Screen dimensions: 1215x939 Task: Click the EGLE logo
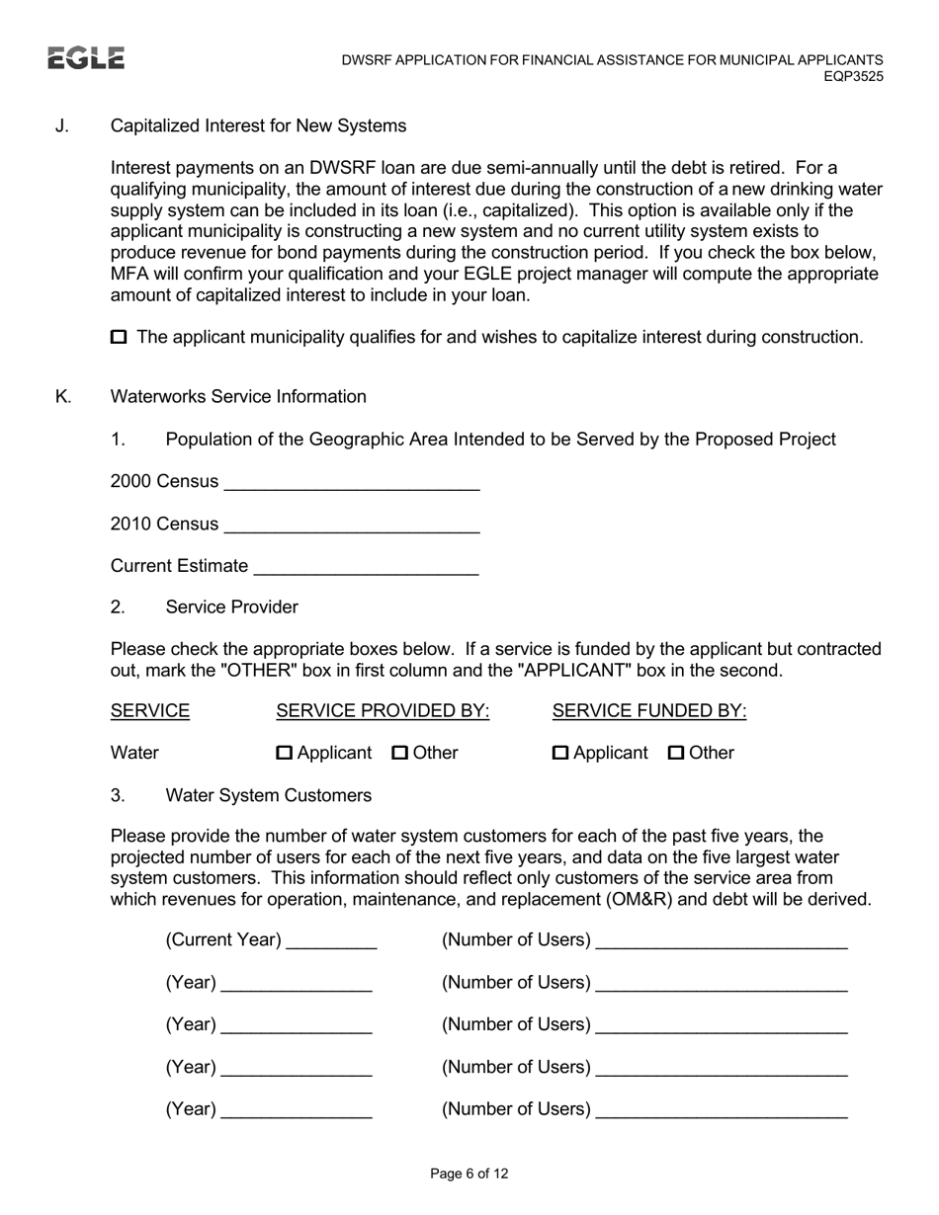pos(86,58)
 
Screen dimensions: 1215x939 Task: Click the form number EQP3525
pos(853,76)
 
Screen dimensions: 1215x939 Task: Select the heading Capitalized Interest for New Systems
pos(258,125)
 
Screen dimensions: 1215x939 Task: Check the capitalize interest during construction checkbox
pos(119,338)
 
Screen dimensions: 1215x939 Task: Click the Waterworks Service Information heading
pos(238,396)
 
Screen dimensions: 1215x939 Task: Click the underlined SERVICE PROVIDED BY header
pos(383,711)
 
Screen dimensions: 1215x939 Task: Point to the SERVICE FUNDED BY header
pos(649,711)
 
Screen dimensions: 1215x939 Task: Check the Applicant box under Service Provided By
pos(285,754)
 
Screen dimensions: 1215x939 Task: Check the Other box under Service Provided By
pos(400,754)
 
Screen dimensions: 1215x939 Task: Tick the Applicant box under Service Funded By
pos(560,754)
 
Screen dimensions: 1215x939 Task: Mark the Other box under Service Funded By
pos(676,754)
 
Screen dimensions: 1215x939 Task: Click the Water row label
pos(134,753)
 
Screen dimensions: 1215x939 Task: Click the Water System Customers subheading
pos(269,795)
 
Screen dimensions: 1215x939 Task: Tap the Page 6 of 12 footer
pos(469,1174)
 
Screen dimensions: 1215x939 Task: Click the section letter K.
pos(63,396)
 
